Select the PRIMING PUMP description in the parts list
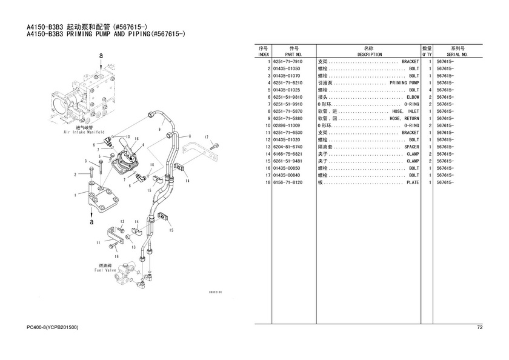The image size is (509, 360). (x=404, y=83)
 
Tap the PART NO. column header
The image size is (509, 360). (x=293, y=55)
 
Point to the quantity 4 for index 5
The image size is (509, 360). (x=430, y=90)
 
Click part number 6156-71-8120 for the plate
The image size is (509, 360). (x=288, y=182)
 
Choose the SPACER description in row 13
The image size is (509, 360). (x=411, y=147)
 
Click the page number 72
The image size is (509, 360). (x=480, y=327)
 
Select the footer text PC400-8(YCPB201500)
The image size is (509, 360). (x=52, y=327)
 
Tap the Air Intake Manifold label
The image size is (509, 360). (x=84, y=132)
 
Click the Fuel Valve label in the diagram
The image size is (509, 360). (x=105, y=270)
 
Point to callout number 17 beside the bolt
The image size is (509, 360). (x=206, y=137)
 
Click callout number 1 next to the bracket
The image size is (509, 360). (x=75, y=195)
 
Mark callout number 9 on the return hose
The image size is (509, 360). (x=160, y=129)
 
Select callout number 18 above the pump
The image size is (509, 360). (x=137, y=139)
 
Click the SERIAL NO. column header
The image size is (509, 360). (x=457, y=55)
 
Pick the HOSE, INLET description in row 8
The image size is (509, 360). (x=405, y=112)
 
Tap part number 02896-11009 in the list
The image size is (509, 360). (x=287, y=125)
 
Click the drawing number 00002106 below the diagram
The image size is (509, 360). (x=216, y=292)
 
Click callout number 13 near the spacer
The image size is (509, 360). (x=133, y=247)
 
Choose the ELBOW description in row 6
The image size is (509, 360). (x=413, y=97)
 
